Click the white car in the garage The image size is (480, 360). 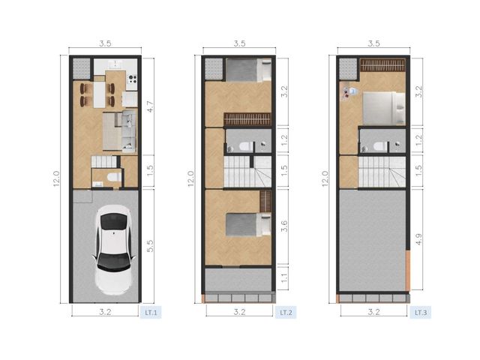click(x=114, y=250)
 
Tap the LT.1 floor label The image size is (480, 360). click(x=151, y=313)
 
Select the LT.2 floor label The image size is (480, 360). click(x=286, y=313)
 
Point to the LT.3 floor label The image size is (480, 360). click(x=421, y=313)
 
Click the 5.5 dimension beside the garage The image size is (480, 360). click(x=150, y=246)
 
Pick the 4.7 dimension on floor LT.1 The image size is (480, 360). click(x=150, y=106)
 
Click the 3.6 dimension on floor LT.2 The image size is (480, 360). click(x=285, y=226)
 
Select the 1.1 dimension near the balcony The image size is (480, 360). click(x=285, y=278)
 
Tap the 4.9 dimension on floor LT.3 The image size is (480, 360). click(x=419, y=239)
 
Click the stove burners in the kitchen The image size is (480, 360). click(x=133, y=79)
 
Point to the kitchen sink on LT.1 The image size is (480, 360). click(x=115, y=64)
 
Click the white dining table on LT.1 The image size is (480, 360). click(x=99, y=94)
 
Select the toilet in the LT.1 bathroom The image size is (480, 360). click(x=114, y=177)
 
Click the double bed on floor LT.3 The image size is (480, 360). click(x=384, y=108)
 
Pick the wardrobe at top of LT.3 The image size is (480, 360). click(x=382, y=65)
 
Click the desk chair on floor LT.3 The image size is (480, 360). click(x=352, y=91)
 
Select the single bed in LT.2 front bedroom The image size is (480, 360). click(x=248, y=225)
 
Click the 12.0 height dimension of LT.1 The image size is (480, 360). click(x=56, y=178)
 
